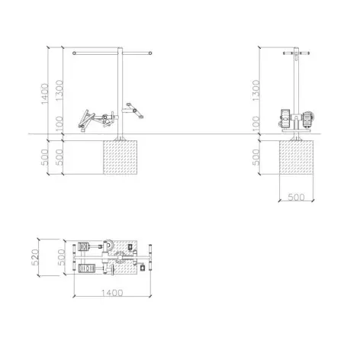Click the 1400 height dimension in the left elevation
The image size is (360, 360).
pyautogui.click(x=44, y=94)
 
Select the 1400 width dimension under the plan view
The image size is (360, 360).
pyautogui.click(x=112, y=293)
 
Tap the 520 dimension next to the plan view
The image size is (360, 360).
pyautogui.click(x=35, y=257)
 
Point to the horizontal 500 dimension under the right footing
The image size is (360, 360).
pyautogui.click(x=296, y=197)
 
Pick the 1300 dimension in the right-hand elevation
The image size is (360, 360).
pyautogui.click(x=256, y=90)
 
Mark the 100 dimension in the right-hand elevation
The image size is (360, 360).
pyautogui.click(x=256, y=124)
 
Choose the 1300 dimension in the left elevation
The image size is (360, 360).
pyautogui.click(x=59, y=90)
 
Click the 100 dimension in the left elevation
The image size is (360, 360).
pyautogui.click(x=59, y=124)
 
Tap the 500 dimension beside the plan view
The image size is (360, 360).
pyautogui.click(x=61, y=257)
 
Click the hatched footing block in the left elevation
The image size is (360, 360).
pyautogui.click(x=120, y=157)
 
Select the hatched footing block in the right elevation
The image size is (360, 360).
pyautogui.click(x=296, y=157)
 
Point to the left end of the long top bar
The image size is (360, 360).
pyautogui.click(x=74, y=53)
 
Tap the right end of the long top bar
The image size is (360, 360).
pyautogui.click(x=150, y=53)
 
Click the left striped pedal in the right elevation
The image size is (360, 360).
pyautogui.click(x=285, y=118)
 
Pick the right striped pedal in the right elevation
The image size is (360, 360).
pyautogui.click(x=307, y=119)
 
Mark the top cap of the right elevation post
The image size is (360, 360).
pyautogui.click(x=296, y=48)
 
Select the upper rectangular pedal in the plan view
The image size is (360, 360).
pyautogui.click(x=83, y=246)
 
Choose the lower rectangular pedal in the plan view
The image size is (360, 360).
pyautogui.click(x=87, y=268)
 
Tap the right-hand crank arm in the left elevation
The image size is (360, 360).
pyautogui.click(x=135, y=111)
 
